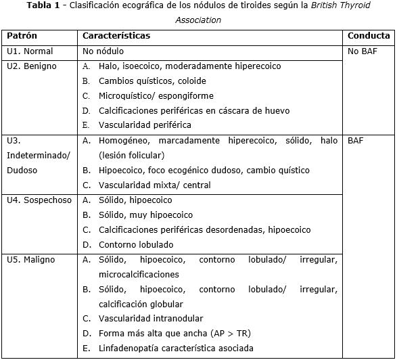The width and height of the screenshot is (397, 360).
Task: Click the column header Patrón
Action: click(22, 36)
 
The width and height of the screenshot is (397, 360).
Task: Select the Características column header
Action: click(116, 36)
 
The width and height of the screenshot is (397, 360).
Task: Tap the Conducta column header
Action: click(369, 36)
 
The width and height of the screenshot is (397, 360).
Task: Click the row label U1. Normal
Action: click(29, 51)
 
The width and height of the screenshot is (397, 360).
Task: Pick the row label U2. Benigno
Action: click(31, 66)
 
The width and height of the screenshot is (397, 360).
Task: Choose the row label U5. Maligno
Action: click(31, 260)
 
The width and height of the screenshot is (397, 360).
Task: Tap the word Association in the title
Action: click(198, 20)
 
